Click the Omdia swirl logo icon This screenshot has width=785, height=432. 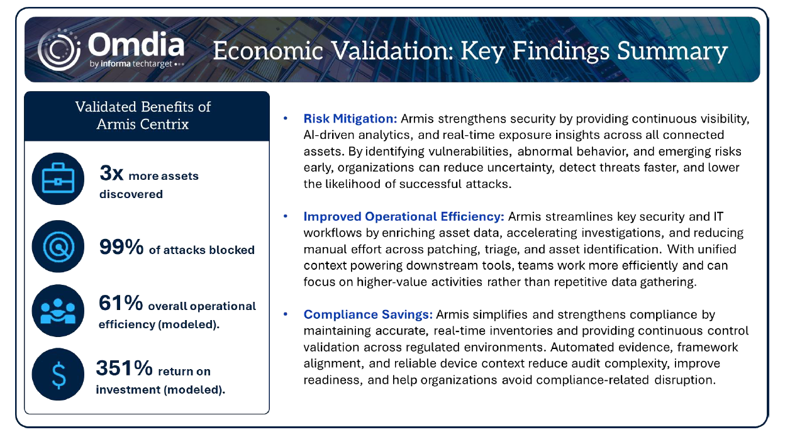59,50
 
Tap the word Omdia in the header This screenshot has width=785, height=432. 136,45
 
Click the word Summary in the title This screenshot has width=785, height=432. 672,52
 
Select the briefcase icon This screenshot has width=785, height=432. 58,179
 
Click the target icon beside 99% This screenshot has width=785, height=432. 58,246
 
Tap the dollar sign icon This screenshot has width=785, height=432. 58,374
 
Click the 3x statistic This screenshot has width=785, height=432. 111,173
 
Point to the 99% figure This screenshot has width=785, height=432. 121,247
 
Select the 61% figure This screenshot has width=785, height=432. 121,303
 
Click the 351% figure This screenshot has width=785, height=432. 124,368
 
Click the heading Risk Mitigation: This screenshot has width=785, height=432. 350,119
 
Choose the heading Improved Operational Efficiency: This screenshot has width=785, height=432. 404,217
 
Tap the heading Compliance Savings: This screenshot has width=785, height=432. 368,314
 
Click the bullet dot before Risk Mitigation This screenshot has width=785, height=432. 286,118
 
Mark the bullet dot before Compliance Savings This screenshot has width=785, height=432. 286,314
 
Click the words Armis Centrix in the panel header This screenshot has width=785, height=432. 143,125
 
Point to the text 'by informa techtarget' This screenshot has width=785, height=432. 131,64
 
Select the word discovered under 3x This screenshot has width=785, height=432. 131,194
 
